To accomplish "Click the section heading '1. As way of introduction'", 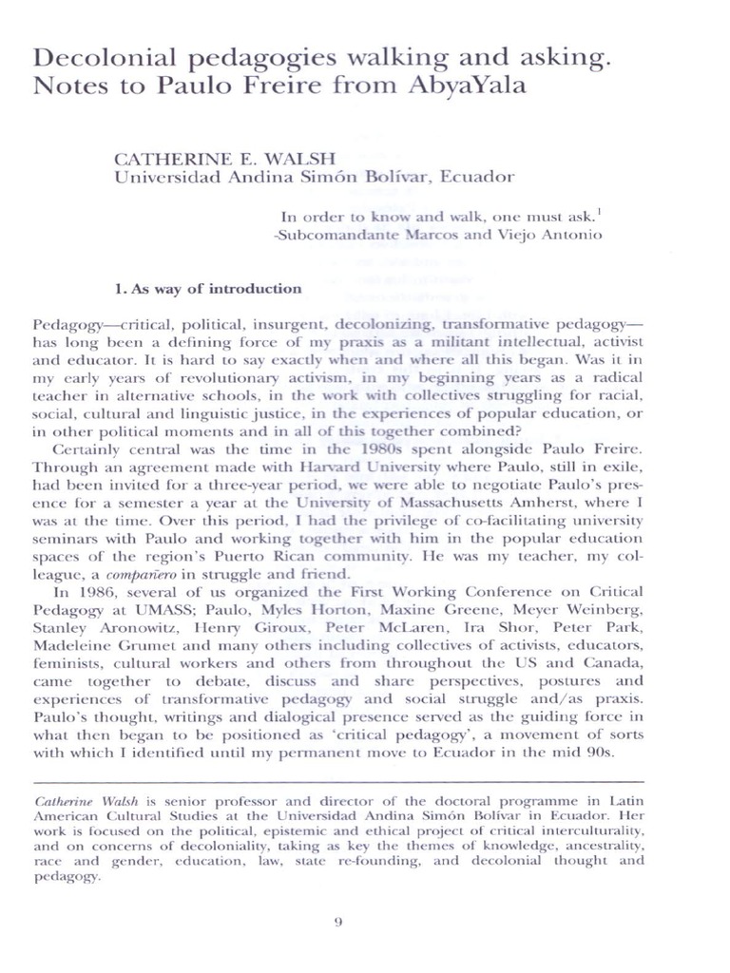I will (207, 288).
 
